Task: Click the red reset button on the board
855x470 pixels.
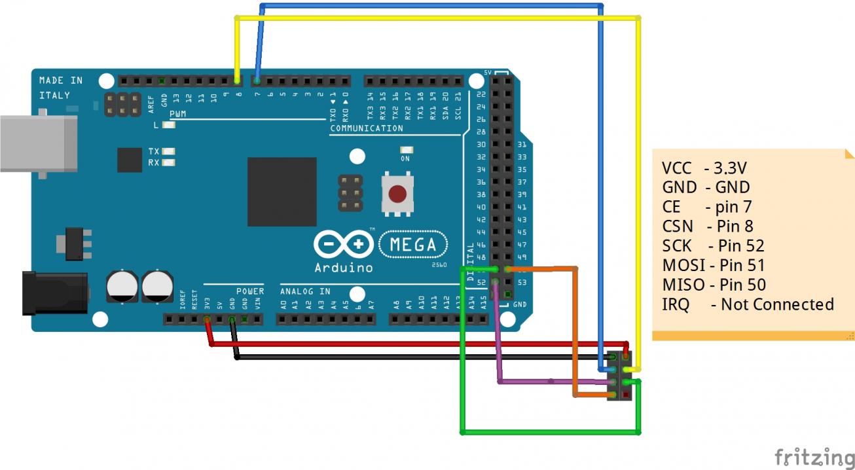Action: (x=397, y=194)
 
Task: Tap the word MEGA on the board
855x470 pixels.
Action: (x=413, y=245)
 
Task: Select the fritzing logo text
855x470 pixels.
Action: (x=814, y=456)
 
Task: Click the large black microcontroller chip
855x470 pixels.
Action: (x=282, y=192)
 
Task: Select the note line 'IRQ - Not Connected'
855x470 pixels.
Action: (x=748, y=304)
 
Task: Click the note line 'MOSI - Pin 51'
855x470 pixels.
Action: (x=713, y=265)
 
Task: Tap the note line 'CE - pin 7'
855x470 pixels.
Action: (x=706, y=207)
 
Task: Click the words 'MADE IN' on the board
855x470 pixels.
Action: (x=61, y=81)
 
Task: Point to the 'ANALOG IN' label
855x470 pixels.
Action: (x=305, y=291)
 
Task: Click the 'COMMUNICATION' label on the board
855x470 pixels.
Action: (x=367, y=128)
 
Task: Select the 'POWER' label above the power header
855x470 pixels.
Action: (x=250, y=291)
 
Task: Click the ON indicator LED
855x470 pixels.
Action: (x=405, y=150)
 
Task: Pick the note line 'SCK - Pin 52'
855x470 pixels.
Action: (x=713, y=246)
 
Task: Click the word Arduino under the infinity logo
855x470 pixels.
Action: (x=344, y=268)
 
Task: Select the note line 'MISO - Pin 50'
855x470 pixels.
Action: (x=714, y=285)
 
